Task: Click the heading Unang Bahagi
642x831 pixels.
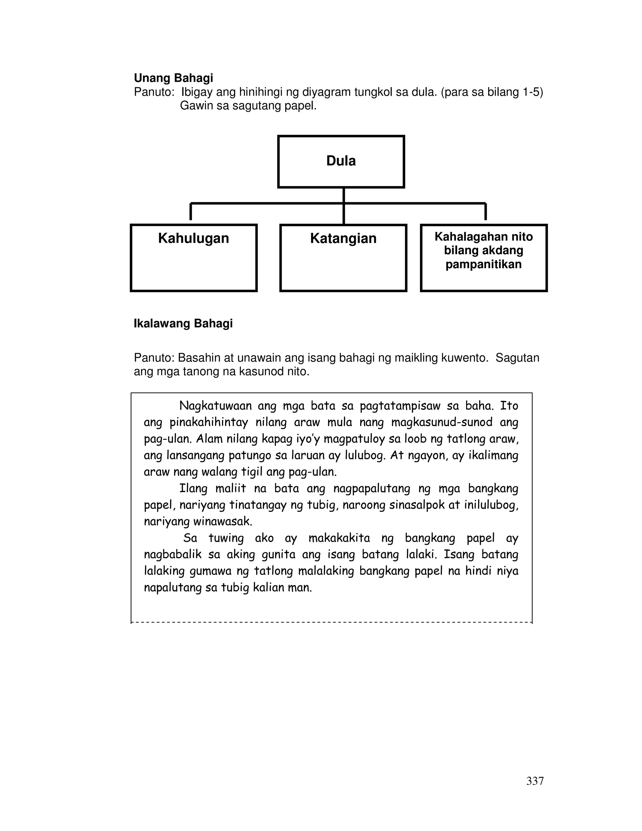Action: (173, 78)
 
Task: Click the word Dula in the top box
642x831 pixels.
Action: (341, 161)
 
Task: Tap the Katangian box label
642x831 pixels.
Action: (343, 239)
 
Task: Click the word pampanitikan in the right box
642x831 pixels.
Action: (483, 264)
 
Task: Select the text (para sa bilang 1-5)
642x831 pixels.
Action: (492, 93)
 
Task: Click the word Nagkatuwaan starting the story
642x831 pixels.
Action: (215, 406)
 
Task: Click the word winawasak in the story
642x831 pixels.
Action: (223, 521)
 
